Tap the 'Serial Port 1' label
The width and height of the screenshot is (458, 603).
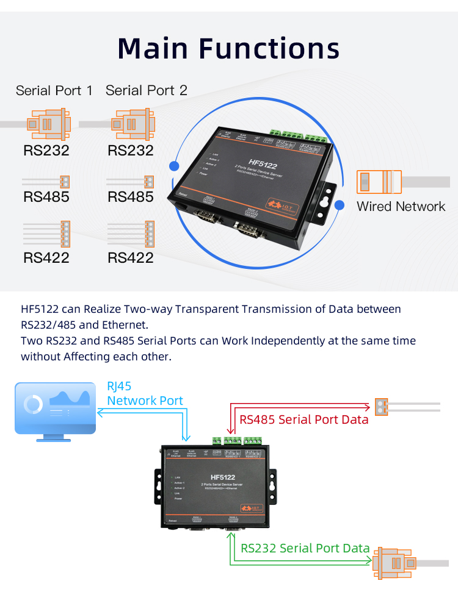coord(54,91)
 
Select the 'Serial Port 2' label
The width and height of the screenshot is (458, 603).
coord(147,91)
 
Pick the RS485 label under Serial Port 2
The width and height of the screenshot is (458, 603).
coord(131,197)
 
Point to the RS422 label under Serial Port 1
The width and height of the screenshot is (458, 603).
coord(46,257)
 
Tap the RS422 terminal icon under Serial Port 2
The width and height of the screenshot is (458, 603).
coord(150,233)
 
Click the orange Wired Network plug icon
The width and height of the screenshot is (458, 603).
coord(379,182)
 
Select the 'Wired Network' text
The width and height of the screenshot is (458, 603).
coord(401,206)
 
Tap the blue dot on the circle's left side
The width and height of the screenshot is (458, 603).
coord(174,166)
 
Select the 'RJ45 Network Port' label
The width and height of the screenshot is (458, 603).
coord(145,393)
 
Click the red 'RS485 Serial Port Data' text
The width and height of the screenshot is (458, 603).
coord(304,419)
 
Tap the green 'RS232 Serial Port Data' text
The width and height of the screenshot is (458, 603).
coord(305,548)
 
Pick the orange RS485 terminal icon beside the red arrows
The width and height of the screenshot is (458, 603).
coord(382,406)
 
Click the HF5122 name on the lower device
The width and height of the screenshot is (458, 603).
coord(222,477)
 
